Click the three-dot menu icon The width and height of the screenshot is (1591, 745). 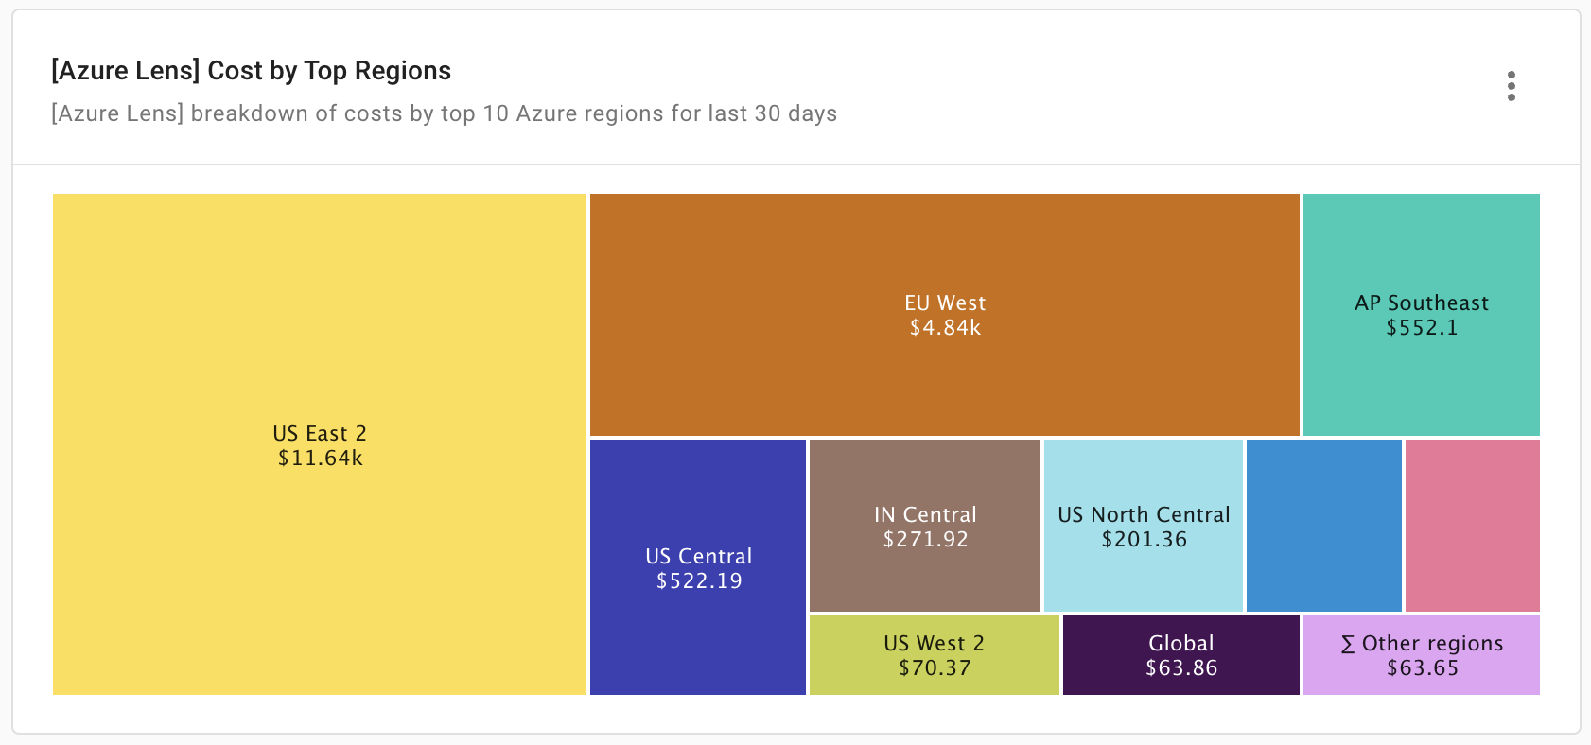(x=1511, y=86)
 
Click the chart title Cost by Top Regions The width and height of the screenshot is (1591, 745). (x=251, y=71)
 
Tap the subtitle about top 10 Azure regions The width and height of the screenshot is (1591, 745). (x=444, y=113)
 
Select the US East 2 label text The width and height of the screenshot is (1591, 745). (x=320, y=433)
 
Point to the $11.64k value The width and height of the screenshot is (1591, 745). (x=320, y=459)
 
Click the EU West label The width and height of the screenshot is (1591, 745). (x=945, y=303)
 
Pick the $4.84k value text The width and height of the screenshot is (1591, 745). (x=945, y=328)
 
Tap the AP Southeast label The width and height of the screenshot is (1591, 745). (x=1421, y=303)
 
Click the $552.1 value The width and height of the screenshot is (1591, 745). (x=1421, y=328)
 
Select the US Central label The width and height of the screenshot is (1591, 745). (x=698, y=556)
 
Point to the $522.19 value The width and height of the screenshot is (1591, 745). (x=698, y=581)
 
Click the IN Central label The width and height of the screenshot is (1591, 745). (x=925, y=514)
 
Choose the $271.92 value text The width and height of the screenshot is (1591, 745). (x=925, y=540)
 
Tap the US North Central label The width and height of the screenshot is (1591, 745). (x=1144, y=514)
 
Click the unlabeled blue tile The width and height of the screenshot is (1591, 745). (x=1323, y=526)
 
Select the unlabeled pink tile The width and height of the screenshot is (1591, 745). (x=1472, y=526)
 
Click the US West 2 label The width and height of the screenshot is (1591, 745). (x=934, y=643)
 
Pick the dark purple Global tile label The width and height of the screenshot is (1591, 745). (x=1180, y=643)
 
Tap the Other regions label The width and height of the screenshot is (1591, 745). (x=1422, y=643)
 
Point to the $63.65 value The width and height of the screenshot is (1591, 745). (x=1422, y=668)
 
